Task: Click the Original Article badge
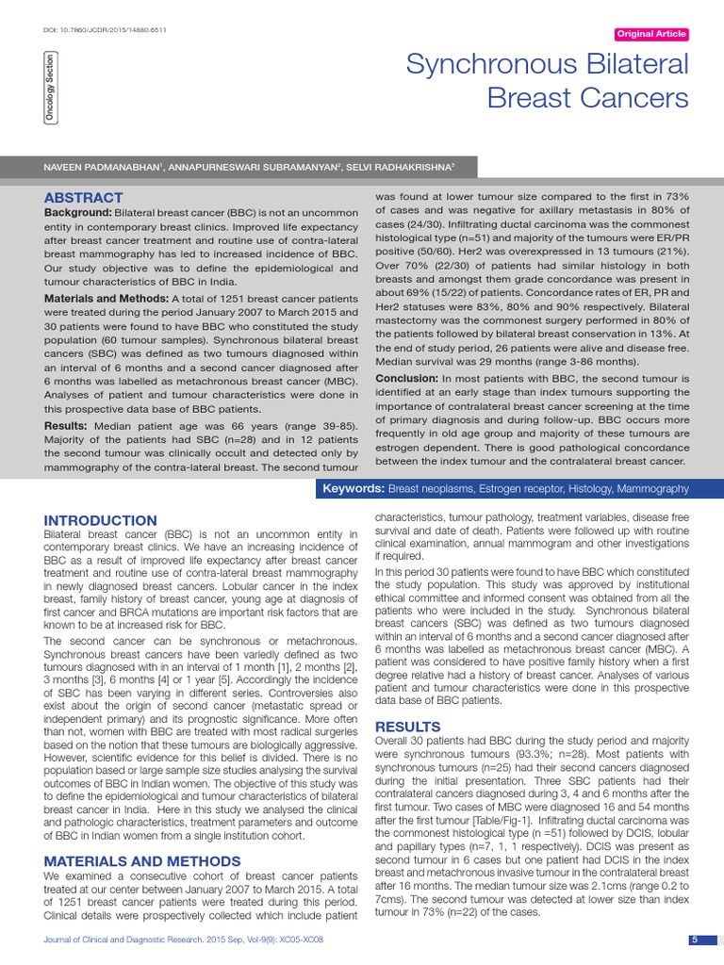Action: pos(650,35)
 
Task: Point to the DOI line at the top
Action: pos(106,29)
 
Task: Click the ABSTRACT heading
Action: pos(83,197)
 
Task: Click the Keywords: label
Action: pos(353,488)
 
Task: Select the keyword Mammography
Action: pos(652,488)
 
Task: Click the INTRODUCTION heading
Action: pos(101,520)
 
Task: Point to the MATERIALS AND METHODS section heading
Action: pos(142,861)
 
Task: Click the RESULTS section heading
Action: pos(408,727)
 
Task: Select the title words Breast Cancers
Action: pos(587,97)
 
